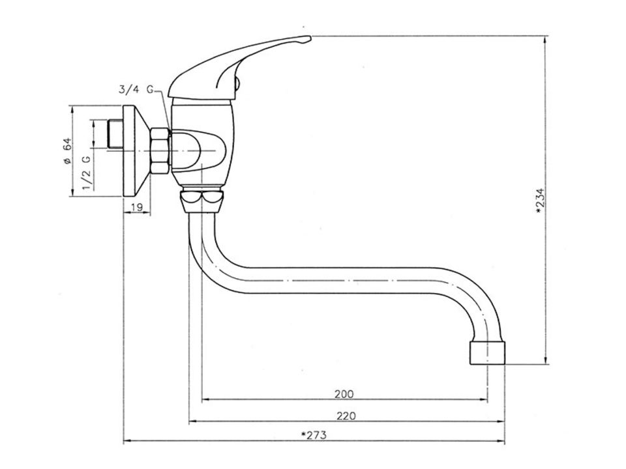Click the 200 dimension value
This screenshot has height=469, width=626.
click(344, 394)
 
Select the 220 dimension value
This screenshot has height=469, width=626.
click(346, 416)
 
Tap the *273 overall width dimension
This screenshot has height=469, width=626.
click(314, 434)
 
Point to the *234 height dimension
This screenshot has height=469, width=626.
click(540, 201)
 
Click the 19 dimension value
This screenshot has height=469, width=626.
click(137, 207)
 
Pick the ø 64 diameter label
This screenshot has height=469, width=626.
click(67, 150)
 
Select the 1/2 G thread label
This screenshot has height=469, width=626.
click(87, 172)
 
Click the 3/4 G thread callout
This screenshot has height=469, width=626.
click(136, 89)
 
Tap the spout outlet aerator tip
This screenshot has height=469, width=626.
click(488, 352)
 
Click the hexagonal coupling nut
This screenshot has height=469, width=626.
click(160, 150)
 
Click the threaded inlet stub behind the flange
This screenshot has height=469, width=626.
click(115, 134)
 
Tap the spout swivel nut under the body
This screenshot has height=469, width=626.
click(201, 202)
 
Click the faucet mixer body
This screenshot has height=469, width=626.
click(201, 145)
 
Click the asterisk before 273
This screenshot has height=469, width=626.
click(303, 434)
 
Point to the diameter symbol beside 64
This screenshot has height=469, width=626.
click(67, 161)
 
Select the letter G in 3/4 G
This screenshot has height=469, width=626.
click(150, 89)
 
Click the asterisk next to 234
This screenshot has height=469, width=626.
click(539, 211)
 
